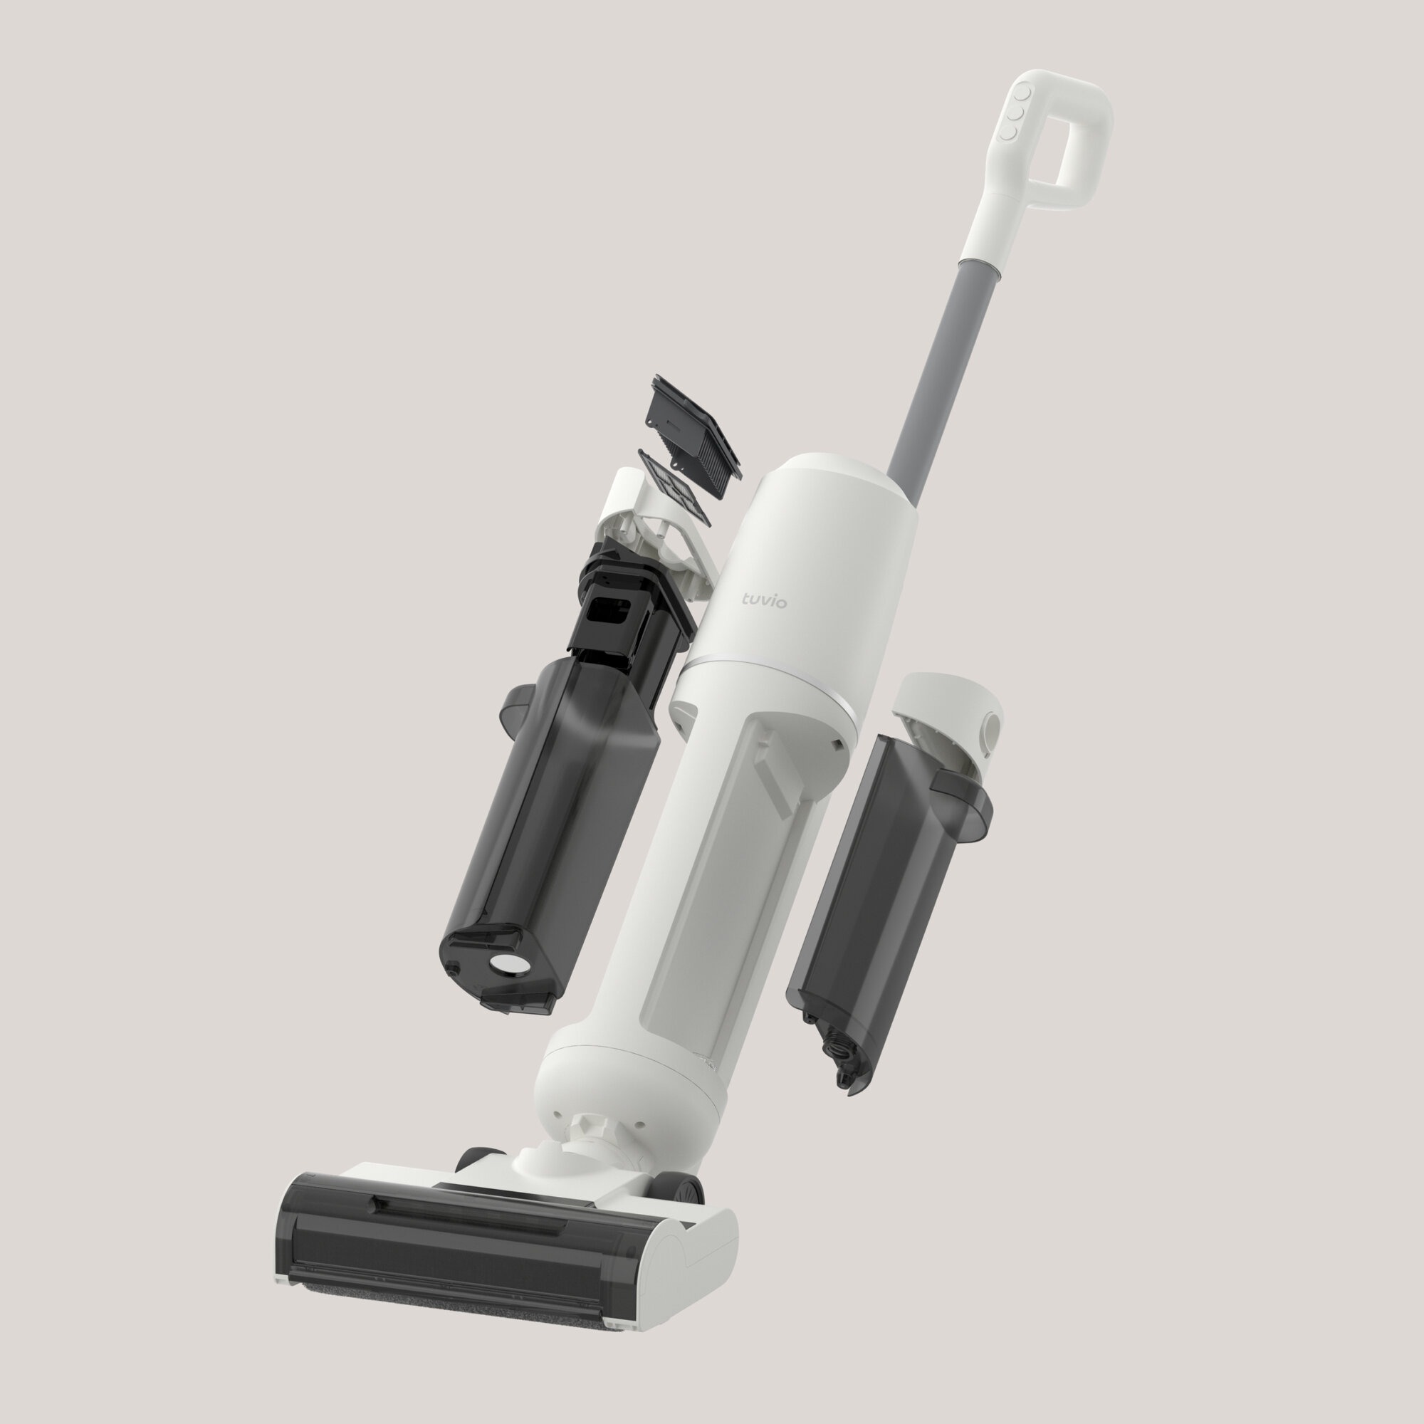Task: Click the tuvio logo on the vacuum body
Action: pyautogui.click(x=764, y=602)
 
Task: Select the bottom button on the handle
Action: pyautogui.click(x=1007, y=133)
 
